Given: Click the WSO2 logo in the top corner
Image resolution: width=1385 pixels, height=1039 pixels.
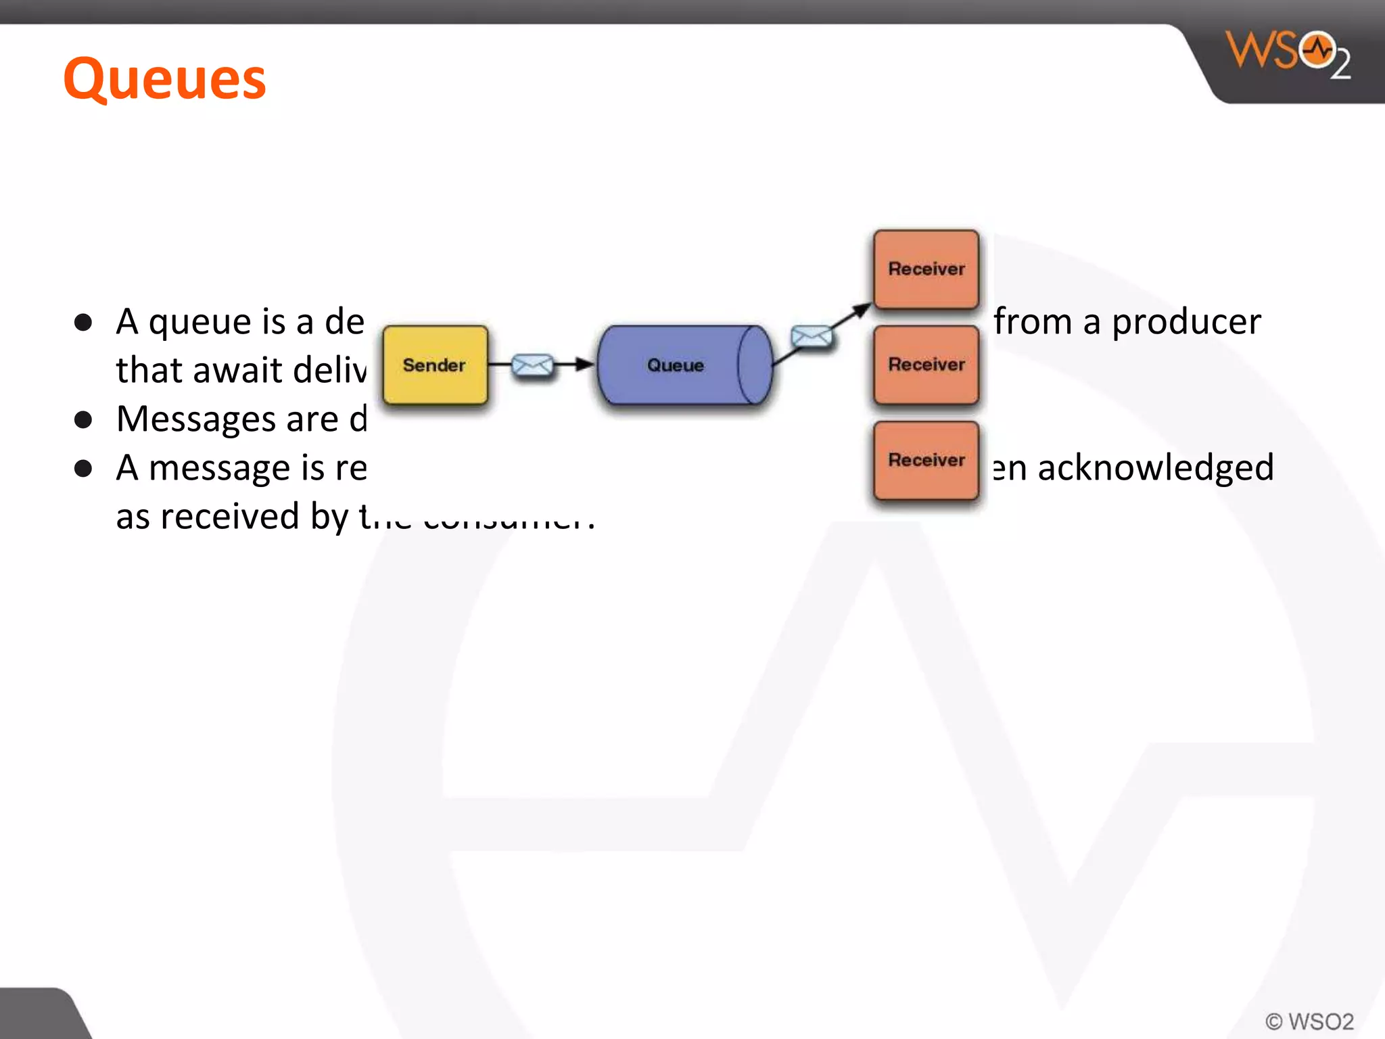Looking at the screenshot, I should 1288,54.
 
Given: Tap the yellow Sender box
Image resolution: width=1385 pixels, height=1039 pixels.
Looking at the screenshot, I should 435,365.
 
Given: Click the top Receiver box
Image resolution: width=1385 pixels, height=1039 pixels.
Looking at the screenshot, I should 926,269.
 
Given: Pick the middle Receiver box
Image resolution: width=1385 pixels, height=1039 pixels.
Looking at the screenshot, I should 926,365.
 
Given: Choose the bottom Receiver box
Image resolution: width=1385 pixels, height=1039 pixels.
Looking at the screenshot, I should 926,460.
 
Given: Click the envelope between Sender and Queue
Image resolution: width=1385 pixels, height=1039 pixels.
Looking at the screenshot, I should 532,365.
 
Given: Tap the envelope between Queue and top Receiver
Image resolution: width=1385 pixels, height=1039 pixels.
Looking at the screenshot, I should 811,336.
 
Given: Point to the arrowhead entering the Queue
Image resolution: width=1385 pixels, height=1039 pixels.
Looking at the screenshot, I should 585,365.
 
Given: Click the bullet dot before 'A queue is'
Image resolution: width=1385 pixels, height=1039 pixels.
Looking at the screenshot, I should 83,323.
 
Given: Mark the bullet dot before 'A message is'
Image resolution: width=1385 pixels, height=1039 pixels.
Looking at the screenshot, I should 83,469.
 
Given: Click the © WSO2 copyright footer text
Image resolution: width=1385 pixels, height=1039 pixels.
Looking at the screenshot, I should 1309,1021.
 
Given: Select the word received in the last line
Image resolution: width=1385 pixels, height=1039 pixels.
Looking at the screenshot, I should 230,517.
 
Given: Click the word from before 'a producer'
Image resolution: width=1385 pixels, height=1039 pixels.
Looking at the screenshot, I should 1033,322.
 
